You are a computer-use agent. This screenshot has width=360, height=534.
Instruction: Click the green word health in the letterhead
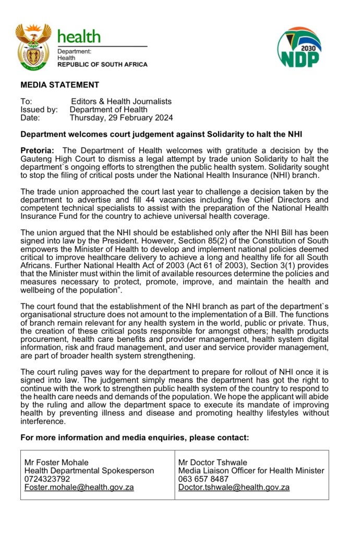[79, 37]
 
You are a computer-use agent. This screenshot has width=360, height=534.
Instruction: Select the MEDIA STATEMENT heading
[59, 85]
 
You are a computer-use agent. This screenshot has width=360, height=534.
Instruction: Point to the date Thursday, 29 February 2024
[122, 118]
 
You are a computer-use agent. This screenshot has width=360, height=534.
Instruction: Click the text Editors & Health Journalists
[121, 101]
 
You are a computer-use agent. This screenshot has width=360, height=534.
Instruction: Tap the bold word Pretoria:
[37, 151]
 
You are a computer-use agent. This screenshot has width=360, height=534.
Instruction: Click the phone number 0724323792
[47, 479]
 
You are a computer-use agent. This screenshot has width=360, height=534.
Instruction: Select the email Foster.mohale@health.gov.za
[79, 487]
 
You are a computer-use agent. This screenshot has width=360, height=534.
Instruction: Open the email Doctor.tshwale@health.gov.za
[234, 487]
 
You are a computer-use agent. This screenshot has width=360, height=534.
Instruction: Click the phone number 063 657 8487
[203, 479]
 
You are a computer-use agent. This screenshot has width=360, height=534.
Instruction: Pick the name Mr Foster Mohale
[56, 462]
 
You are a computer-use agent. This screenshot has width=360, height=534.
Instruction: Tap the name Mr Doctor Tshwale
[212, 462]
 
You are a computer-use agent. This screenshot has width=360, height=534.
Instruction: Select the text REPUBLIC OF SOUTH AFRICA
[102, 65]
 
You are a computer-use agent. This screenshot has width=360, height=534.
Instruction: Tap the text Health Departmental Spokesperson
[89, 470]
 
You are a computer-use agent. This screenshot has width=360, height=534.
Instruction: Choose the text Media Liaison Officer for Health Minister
[251, 470]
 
